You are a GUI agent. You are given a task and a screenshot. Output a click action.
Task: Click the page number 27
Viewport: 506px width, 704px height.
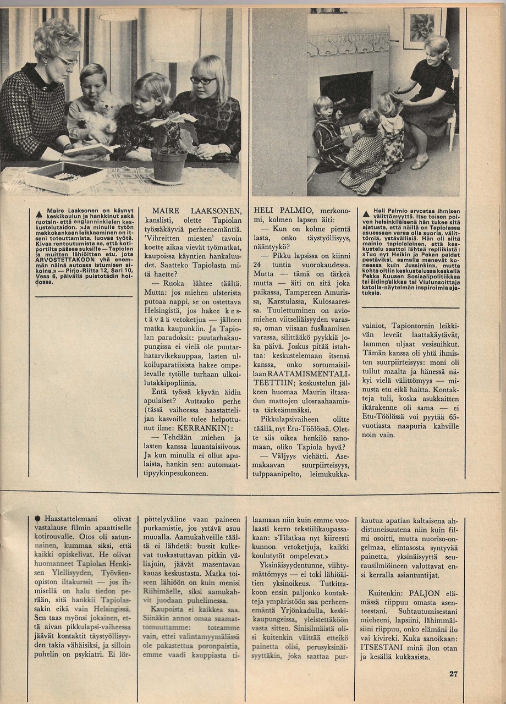click(x=453, y=674)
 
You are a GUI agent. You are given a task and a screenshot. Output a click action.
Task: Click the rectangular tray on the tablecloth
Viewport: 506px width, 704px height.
click(x=65, y=177)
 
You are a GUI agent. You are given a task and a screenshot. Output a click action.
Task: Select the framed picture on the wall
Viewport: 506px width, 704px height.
click(x=421, y=28)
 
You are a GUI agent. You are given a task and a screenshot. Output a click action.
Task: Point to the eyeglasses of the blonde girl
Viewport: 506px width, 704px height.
click(x=203, y=80)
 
